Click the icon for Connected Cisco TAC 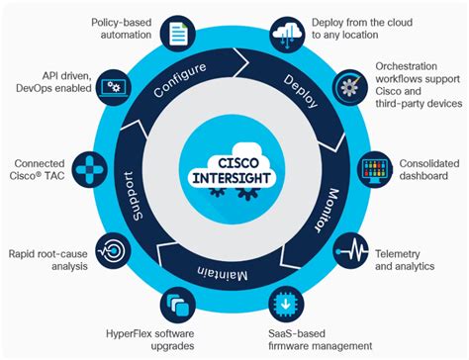(x=93, y=170)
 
